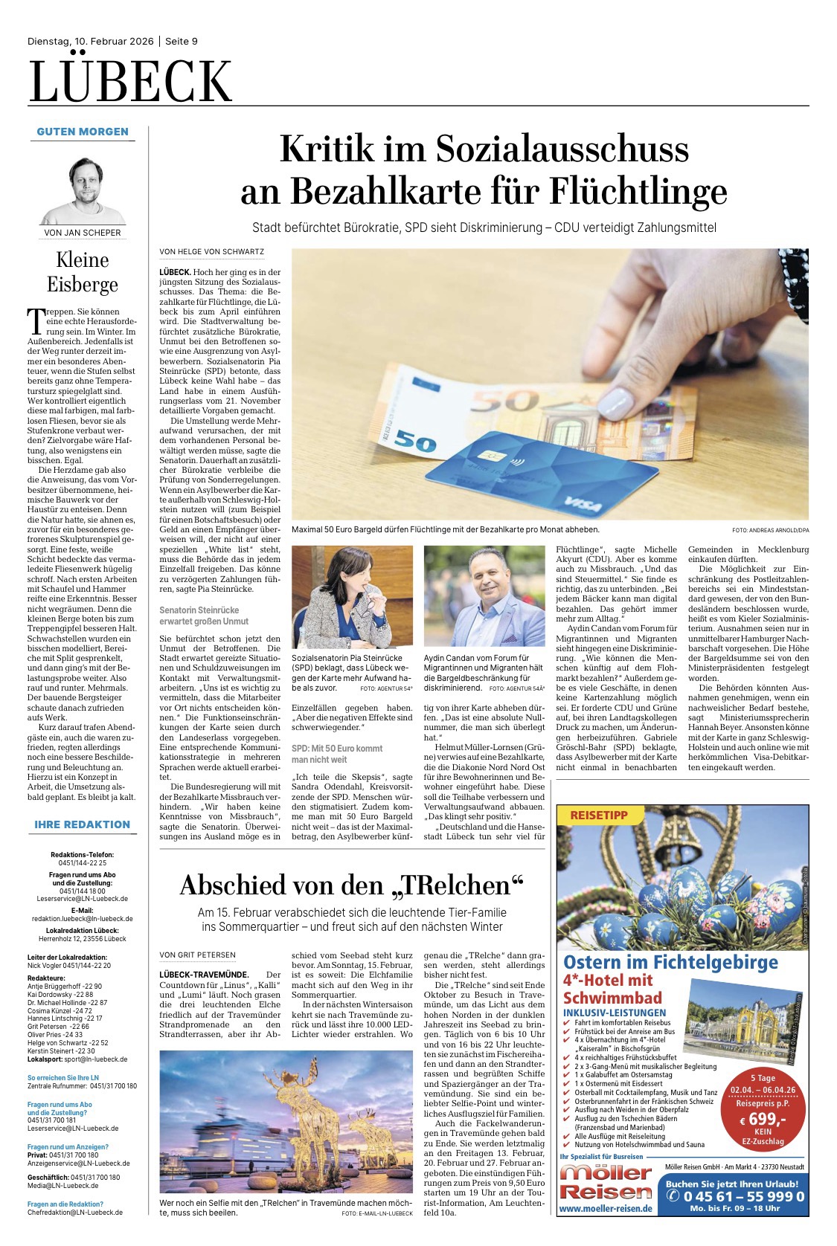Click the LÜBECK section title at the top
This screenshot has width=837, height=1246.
coord(131,81)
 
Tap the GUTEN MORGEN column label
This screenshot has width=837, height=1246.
coord(83,132)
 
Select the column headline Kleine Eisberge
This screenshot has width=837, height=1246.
coord(83,271)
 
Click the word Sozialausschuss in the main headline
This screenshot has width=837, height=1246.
coord(562,149)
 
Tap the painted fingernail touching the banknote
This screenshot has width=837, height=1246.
coord(615,405)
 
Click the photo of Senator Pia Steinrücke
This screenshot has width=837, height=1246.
coord(352,597)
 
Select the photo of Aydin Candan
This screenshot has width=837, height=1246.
coord(484,597)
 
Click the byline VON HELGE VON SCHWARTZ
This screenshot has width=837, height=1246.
coord(212,252)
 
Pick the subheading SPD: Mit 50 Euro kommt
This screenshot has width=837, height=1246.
coord(337,748)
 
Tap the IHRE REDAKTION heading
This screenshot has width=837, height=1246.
coord(82,824)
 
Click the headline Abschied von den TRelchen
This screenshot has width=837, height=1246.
coord(352,885)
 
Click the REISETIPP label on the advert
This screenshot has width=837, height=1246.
coord(599,815)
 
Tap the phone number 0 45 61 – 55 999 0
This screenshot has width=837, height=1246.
coord(735,1196)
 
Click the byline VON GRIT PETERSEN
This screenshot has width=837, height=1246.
coord(197,955)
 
